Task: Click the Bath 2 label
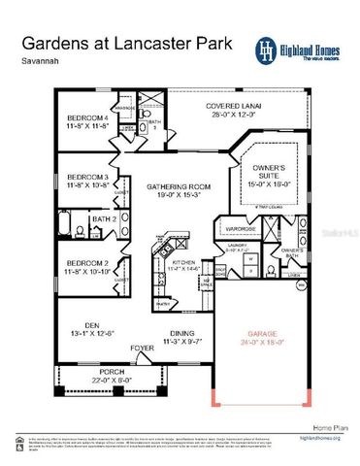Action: [x=104, y=219]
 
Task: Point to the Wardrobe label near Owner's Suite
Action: [x=242, y=230]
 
